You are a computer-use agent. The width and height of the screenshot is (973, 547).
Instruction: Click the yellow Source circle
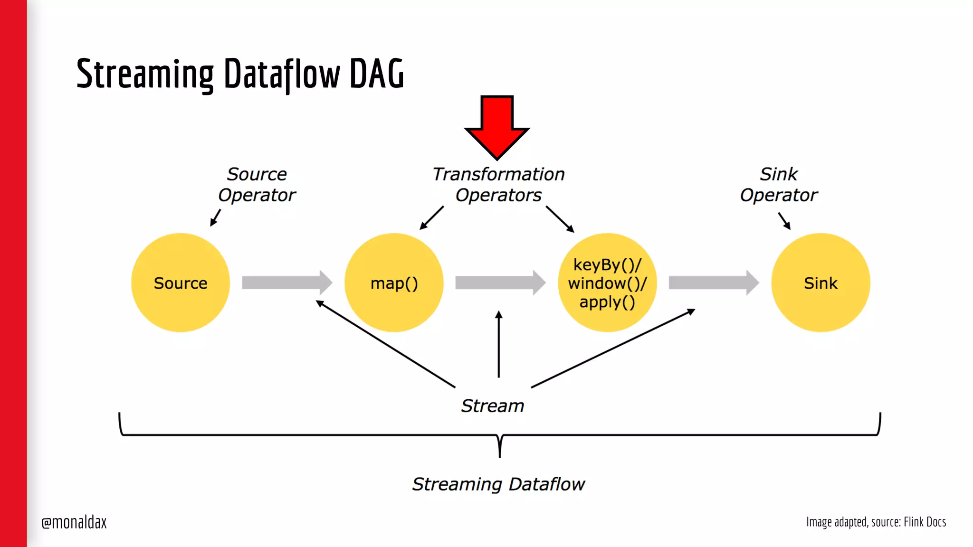(181, 283)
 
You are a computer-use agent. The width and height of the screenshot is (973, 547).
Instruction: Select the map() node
(394, 283)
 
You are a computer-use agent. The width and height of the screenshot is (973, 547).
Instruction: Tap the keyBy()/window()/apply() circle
(607, 283)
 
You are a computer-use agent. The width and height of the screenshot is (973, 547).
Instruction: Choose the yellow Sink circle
(820, 283)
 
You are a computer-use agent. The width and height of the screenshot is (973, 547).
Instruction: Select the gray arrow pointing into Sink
(713, 283)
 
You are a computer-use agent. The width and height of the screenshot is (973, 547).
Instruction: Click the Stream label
(493, 406)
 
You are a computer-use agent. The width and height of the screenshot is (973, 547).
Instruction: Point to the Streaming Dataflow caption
(498, 484)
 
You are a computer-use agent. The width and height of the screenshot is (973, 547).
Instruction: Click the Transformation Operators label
(498, 184)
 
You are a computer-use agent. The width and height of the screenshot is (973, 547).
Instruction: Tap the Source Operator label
(257, 184)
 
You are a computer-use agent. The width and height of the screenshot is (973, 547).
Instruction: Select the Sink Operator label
(779, 184)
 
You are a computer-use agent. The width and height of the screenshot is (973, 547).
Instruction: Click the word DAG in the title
(377, 74)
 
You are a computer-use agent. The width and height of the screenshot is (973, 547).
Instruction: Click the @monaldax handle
(74, 522)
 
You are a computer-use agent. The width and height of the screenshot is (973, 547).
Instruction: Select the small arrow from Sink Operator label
(784, 221)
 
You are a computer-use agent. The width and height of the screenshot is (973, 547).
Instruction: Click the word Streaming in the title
(145, 74)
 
